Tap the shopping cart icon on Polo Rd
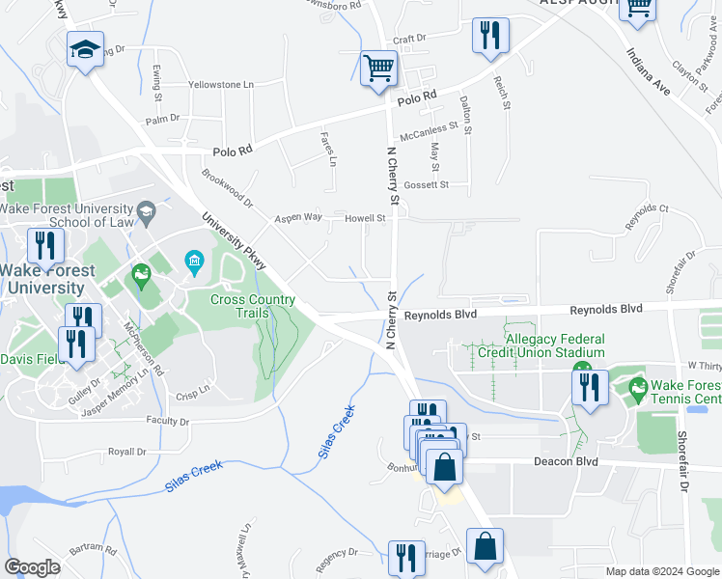[378, 69]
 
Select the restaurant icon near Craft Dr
[490, 36]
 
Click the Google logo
[32, 567]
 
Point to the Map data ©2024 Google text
[661, 571]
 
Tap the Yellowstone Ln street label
[220, 85]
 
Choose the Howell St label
[366, 218]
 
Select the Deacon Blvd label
[566, 462]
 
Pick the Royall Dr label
[126, 452]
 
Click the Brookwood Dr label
[227, 189]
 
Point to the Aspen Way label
[298, 218]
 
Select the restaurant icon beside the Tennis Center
[589, 387]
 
